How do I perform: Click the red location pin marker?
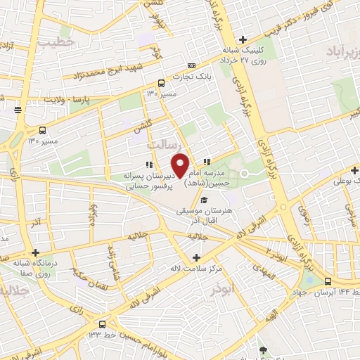(x=180, y=164)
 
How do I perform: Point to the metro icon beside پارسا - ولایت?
(x=18, y=109)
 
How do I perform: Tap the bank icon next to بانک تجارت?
(x=162, y=82)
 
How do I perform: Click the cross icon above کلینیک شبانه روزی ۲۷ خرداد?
(x=243, y=39)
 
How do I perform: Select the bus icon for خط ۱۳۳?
(x=103, y=324)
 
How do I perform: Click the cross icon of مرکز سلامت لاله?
(x=196, y=257)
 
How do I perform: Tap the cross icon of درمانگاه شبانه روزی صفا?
(x=35, y=252)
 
